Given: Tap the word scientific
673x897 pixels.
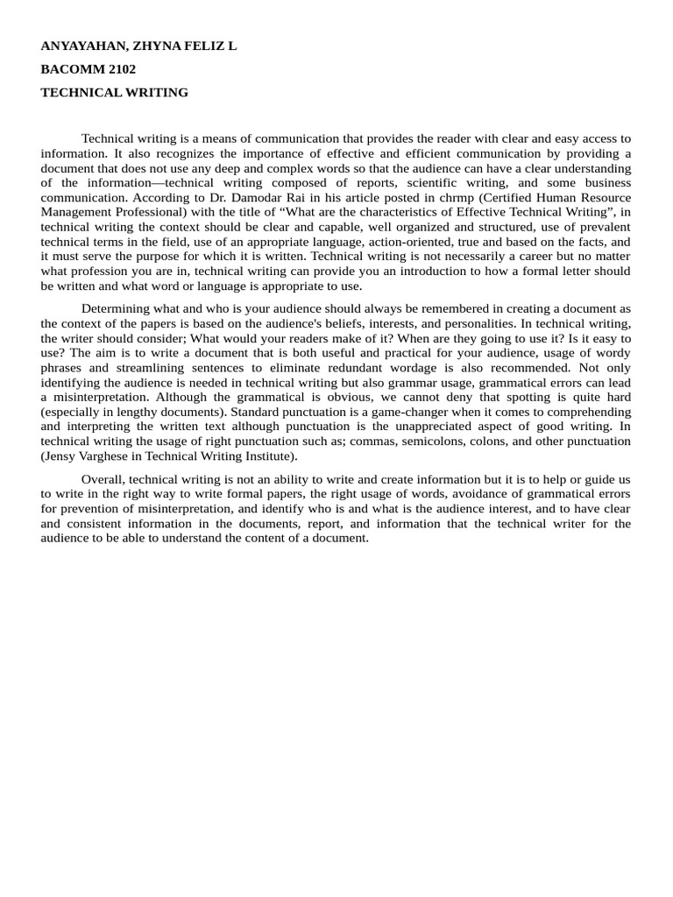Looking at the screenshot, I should [x=415, y=182].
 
